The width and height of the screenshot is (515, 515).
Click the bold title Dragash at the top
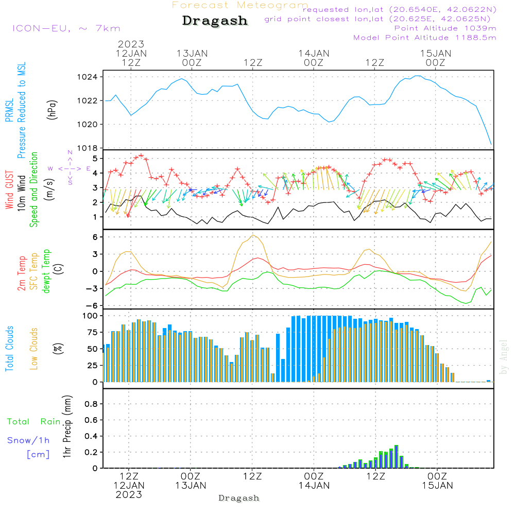pos(215,21)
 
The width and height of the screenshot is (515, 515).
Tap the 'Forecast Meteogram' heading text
pos(240,6)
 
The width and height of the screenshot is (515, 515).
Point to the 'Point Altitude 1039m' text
pos(445,28)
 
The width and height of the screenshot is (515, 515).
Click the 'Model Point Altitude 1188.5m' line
pos(424,37)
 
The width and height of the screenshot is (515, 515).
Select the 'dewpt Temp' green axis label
pos(46,271)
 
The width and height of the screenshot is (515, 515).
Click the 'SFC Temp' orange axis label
pos(34,271)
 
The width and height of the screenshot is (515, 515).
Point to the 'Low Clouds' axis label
pos(34,348)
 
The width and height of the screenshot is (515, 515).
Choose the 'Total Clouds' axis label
pos(10,348)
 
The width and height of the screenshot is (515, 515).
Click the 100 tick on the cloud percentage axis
pos(91,316)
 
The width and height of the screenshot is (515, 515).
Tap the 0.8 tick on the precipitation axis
pos(91,404)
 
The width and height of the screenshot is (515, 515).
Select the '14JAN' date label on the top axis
pos(314,54)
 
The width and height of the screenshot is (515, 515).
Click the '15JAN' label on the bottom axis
pos(437,485)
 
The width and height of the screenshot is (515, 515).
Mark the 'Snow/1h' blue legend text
pos(28,440)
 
